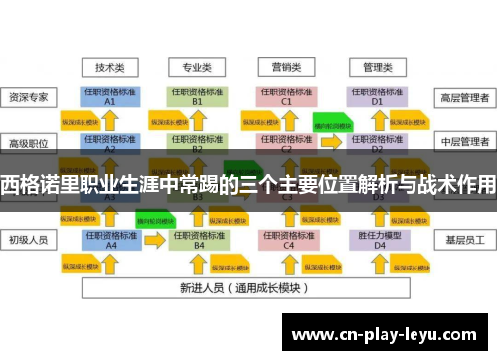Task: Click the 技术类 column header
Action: click(x=109, y=68)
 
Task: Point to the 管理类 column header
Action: click(x=377, y=68)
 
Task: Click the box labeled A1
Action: click(x=110, y=96)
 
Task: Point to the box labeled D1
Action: click(x=377, y=96)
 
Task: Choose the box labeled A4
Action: click(x=110, y=239)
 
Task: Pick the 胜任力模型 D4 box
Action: click(x=377, y=239)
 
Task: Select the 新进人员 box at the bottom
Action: click(x=244, y=288)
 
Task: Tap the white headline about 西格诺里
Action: click(x=248, y=183)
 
